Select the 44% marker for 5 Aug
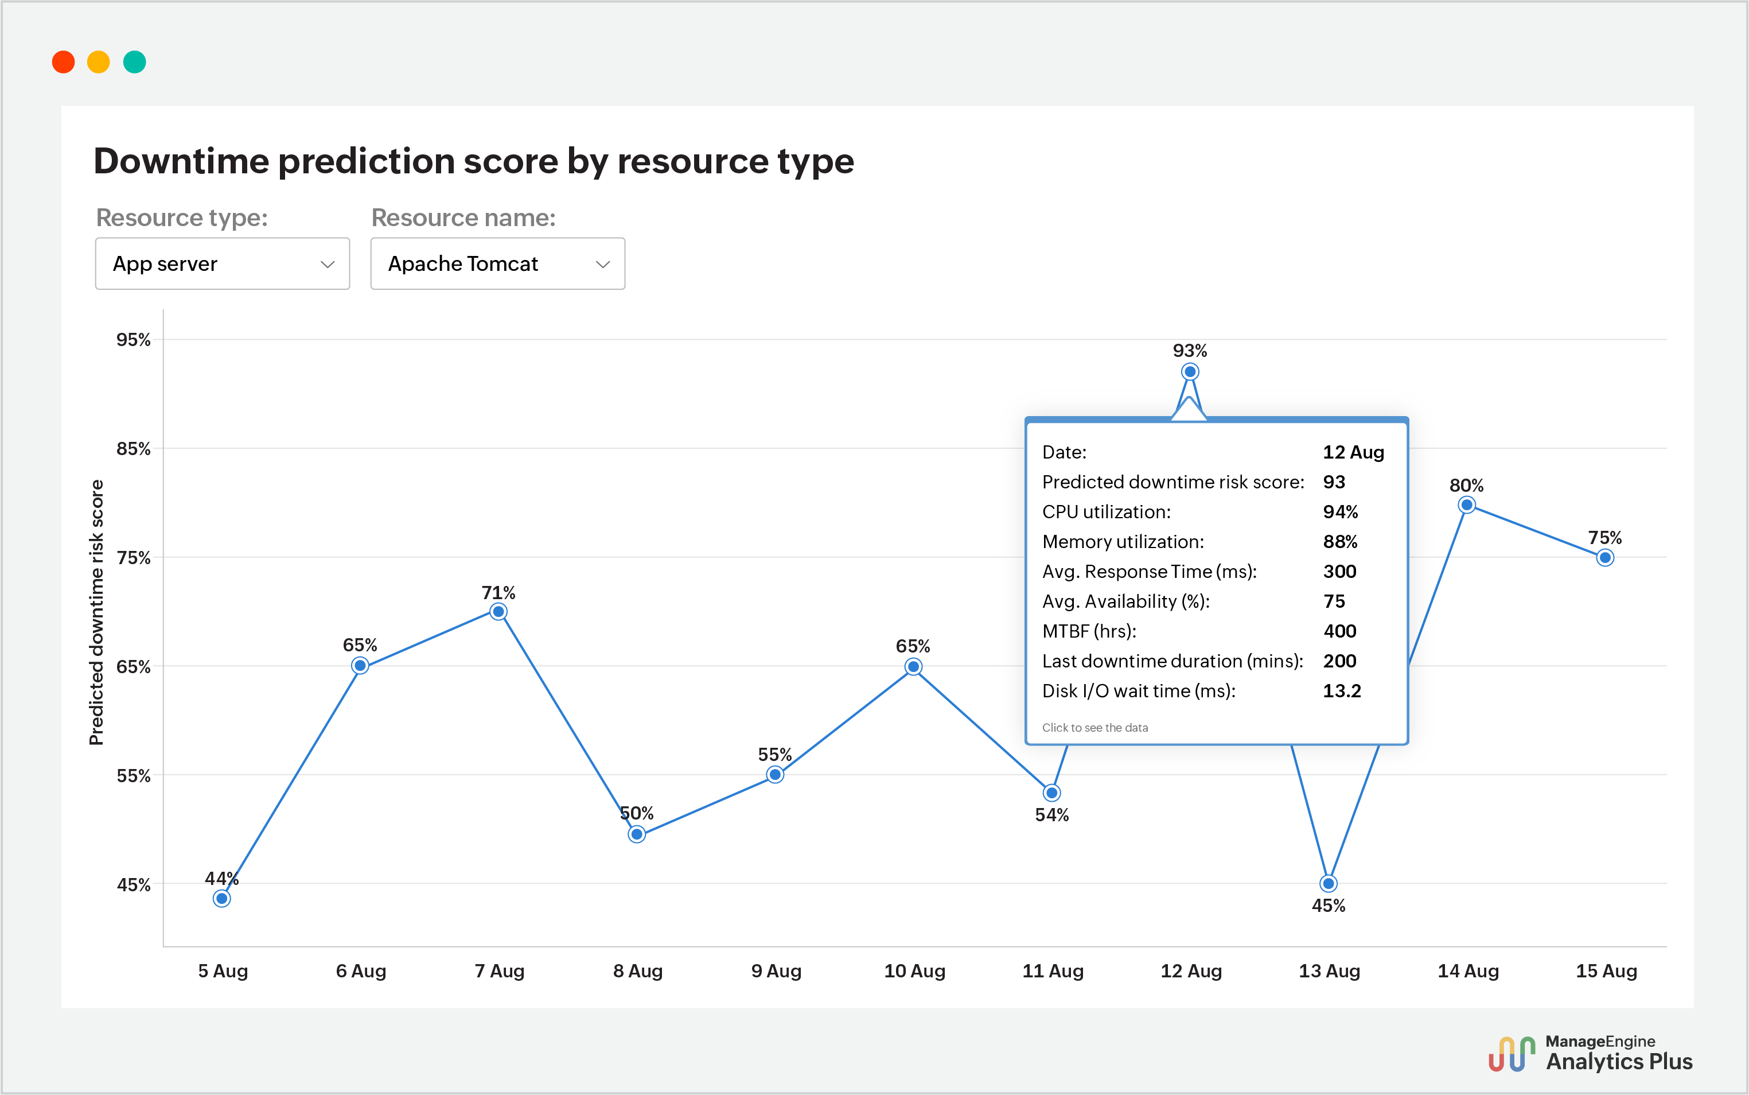222,898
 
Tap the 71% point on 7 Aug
498,611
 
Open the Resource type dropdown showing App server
222,263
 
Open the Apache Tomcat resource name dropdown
497,263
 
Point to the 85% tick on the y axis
134,449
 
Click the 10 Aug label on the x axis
914,970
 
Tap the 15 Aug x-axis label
1606,970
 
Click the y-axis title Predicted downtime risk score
96,612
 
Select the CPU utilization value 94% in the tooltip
1340,512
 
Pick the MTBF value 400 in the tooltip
1339,631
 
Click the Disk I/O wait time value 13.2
1341,691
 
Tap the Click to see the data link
1094,727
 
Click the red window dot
64,63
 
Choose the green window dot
135,63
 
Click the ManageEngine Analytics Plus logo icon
1512,1054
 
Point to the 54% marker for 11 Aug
1052,793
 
